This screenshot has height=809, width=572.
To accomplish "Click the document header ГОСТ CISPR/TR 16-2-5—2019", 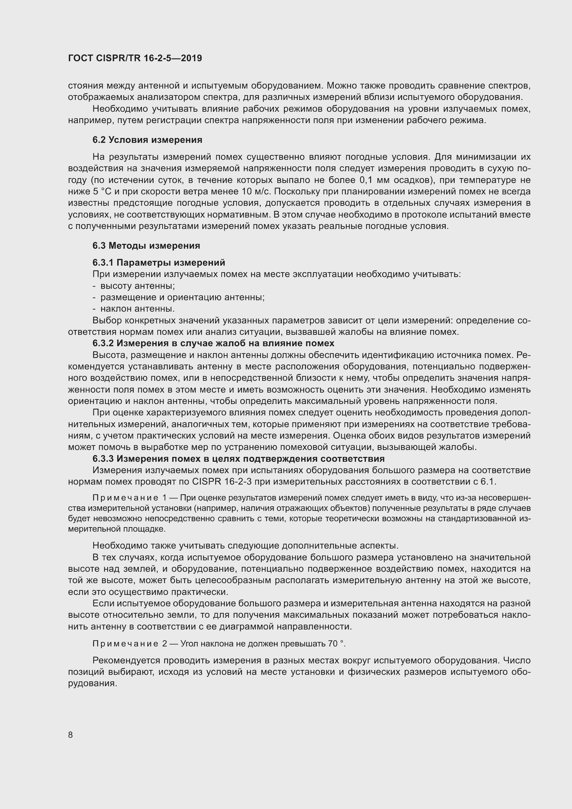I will [135, 58].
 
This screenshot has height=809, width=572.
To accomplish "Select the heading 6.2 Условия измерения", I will [147, 140].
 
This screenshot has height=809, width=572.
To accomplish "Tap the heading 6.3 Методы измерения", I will [146, 246].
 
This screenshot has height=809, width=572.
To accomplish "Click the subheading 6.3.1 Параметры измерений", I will [159, 263].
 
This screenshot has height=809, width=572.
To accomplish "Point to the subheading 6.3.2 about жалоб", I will [213, 343].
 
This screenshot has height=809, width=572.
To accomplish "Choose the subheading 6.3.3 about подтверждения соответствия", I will [239, 458].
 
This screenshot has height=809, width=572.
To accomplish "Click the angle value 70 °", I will [336, 644].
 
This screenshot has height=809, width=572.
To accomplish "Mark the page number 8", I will [71, 735].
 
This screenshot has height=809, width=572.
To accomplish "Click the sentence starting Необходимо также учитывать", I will [245, 546].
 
